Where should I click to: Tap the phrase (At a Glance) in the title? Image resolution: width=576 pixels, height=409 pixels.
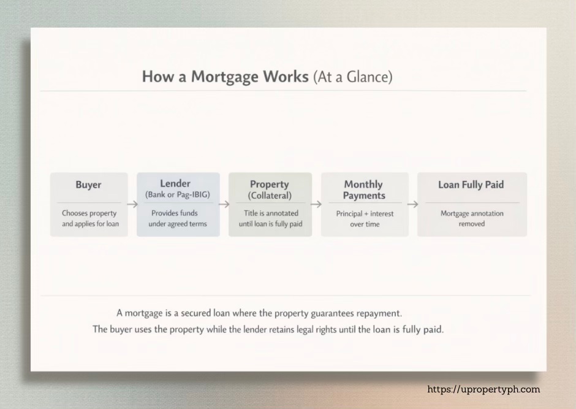coord(352,77)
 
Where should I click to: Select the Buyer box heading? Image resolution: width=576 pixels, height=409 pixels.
coord(89,185)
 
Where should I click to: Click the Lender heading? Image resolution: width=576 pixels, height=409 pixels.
coord(175,183)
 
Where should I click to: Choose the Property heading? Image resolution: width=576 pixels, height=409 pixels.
coord(270,184)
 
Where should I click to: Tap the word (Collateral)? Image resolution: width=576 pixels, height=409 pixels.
coord(270,196)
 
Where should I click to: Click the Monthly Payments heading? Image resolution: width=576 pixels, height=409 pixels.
coord(363,189)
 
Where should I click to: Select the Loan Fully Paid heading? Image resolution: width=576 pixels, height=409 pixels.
coord(472,185)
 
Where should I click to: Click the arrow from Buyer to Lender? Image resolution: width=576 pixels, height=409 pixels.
coord(132,204)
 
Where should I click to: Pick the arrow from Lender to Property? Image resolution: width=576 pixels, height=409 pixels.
coord(224,204)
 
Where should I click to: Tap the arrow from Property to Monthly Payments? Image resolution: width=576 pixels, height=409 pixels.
coord(316,204)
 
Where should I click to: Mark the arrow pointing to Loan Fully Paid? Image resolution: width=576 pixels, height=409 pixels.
coord(412,204)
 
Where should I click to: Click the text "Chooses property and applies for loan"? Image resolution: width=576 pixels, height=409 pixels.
coord(89,218)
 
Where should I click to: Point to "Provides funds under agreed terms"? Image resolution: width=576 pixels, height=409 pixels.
coord(178,218)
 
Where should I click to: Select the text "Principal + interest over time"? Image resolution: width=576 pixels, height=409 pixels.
coord(365,219)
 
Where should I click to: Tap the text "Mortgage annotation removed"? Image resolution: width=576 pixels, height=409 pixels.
coord(472,218)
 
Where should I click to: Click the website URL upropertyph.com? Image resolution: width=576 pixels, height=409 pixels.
coord(483,389)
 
